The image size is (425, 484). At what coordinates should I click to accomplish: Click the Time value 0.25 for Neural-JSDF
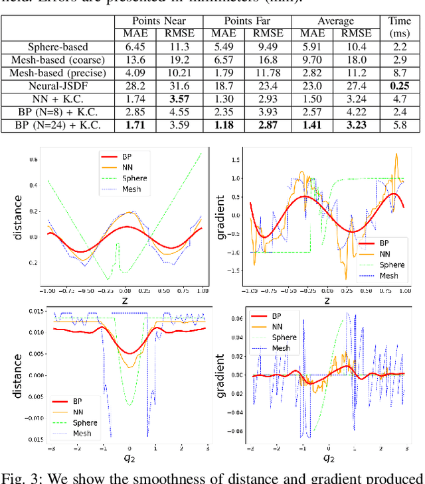coord(400,86)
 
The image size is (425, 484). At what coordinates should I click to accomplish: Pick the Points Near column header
coord(159,21)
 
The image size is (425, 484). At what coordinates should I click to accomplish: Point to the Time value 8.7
coord(400,73)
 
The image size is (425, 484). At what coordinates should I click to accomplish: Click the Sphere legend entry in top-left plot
coord(135,178)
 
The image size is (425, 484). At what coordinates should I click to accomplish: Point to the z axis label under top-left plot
coord(124,300)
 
